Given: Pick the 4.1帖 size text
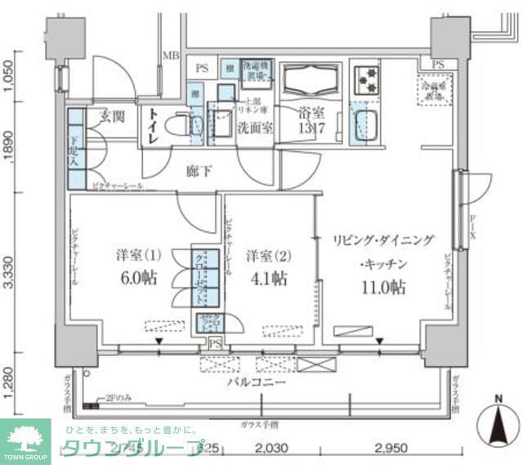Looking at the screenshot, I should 268,278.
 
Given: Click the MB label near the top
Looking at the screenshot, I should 170,56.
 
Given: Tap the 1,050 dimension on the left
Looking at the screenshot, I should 9,75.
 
